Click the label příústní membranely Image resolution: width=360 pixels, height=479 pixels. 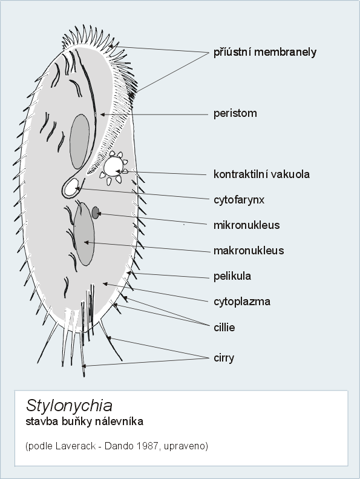pos(265,52)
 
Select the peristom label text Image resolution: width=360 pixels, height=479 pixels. pos(235,114)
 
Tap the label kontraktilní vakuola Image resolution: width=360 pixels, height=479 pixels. pos(261,174)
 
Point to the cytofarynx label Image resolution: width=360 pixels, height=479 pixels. pos(239,200)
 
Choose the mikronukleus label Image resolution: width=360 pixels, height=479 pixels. pos(246,225)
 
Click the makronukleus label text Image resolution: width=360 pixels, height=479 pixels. pos(249,251)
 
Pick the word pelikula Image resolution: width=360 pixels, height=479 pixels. pos(232,276)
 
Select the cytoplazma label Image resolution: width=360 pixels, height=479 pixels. pos(242,302)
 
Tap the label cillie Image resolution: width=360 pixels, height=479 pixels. pos(224,328)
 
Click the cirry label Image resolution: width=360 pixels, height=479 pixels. pos(224,358)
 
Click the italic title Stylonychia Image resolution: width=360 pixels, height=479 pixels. pos(69,406)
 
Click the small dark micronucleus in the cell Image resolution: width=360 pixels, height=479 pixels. pos(96,213)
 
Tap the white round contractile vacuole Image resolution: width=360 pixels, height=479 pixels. pos(113,166)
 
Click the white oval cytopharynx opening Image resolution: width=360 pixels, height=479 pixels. pos(72,187)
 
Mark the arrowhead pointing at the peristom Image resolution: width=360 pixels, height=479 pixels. pos(103,114)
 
